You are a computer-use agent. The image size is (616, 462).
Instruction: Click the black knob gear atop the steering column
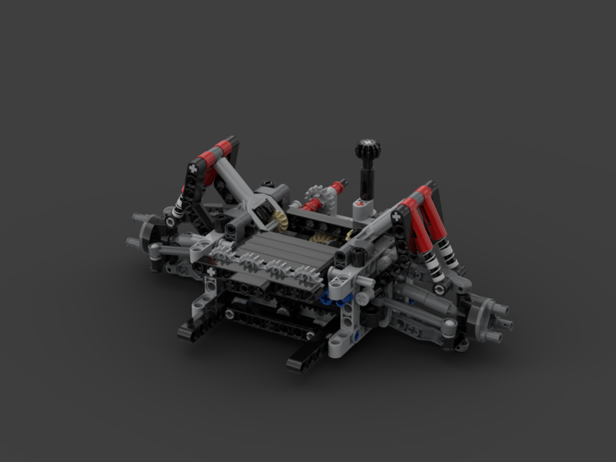368,148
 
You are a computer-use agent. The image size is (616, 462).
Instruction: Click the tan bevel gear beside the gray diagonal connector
280,219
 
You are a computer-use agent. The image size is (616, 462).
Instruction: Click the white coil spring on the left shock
178,204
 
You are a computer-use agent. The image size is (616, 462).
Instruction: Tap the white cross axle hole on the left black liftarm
193,168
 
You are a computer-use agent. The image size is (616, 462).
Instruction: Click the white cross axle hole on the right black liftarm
396,217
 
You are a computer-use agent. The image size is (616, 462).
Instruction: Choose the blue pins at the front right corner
336,299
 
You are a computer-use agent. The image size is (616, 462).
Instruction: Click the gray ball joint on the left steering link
154,248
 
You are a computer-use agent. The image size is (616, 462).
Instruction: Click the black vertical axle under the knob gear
368,179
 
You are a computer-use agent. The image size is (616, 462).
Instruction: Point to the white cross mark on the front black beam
211,271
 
